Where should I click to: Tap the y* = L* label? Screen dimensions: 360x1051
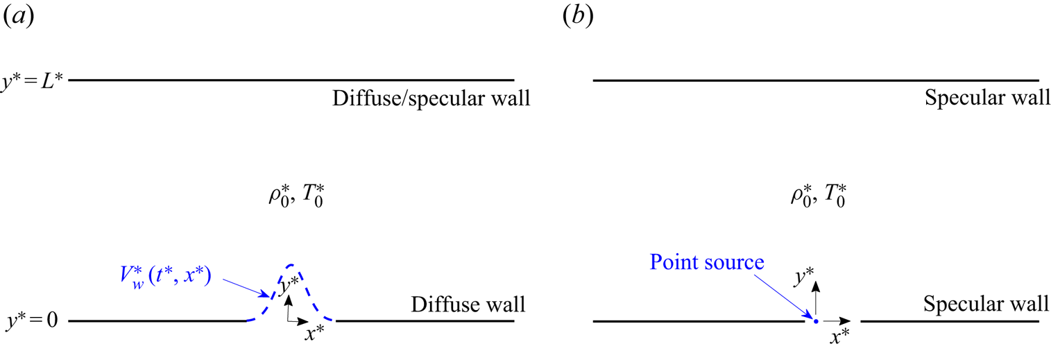tap(32, 80)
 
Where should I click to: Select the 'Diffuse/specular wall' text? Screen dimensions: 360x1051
tap(431, 99)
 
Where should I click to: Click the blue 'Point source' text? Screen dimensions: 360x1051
tap(706, 263)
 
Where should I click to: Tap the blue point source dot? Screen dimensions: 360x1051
tap(816, 321)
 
